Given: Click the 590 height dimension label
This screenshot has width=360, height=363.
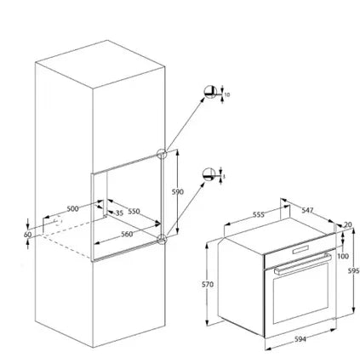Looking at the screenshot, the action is [178, 192].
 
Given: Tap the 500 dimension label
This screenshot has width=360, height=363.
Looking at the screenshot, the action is [72, 209].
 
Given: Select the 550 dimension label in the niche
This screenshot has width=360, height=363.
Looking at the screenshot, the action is [134, 212].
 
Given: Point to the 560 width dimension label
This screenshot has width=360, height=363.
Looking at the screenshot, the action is [127, 234].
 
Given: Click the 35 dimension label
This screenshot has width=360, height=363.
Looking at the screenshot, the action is [120, 213].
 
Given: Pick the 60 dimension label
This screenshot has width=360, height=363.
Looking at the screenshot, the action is [27, 235].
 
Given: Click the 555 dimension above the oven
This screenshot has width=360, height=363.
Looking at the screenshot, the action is [259, 215].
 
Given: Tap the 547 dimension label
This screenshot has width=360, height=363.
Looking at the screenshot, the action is [307, 210].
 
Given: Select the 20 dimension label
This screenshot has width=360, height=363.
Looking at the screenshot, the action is [347, 224].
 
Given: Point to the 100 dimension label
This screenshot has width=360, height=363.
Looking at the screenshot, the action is [343, 257].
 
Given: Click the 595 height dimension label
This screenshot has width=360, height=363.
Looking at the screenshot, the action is [354, 270].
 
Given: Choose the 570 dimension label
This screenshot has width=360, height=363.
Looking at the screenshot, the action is [208, 285].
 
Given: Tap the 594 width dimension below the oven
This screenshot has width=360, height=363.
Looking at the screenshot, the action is [300, 339].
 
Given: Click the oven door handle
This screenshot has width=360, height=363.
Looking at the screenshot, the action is [302, 264].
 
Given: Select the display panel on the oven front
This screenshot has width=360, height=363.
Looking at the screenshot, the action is [300, 250].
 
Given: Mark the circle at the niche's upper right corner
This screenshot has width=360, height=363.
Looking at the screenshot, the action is [162, 154].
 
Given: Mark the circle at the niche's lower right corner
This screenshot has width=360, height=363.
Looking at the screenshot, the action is [162, 239].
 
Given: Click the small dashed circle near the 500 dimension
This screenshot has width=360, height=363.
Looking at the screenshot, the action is [58, 221].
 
